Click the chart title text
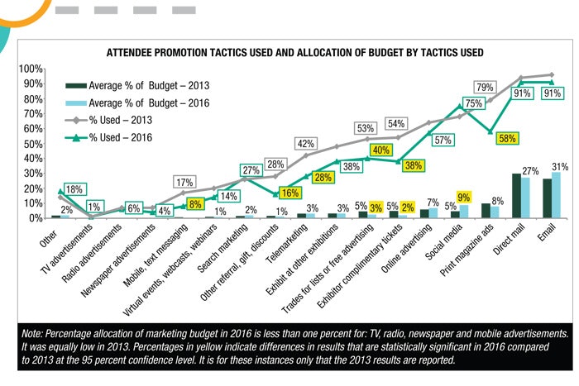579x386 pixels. point(294,52)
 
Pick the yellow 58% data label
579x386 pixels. point(507,138)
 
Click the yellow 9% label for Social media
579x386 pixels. point(463,198)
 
